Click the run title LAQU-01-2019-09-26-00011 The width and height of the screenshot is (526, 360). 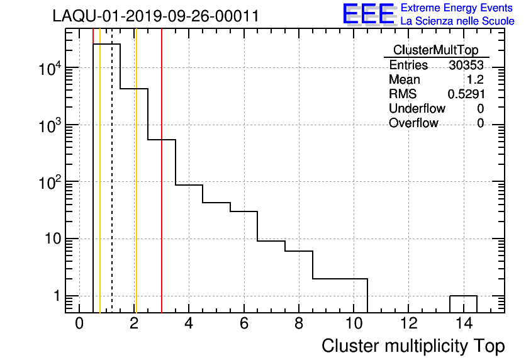tap(155, 16)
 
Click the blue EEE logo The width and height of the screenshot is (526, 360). tap(369, 14)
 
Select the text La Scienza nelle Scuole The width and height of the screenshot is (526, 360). tap(457, 21)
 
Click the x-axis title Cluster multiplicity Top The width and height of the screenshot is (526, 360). tap(413, 346)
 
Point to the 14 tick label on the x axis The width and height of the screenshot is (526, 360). tap(463, 325)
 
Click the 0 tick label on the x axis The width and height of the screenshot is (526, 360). tap(79, 325)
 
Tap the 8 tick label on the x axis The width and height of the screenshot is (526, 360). tap(299, 325)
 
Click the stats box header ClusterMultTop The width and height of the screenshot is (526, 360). tap(435, 50)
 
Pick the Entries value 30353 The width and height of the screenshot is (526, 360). tap(466, 65)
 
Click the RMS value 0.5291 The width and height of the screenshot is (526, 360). tap(466, 94)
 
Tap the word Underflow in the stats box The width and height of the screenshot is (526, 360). tap(417, 109)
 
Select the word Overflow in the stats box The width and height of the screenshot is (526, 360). tap(413, 123)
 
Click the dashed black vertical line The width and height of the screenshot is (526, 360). tap(112, 189)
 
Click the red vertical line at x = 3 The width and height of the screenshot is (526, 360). tap(162, 189)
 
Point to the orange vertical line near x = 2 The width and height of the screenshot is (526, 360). tap(136, 189)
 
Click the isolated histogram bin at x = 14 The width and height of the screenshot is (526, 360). tap(463, 303)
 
